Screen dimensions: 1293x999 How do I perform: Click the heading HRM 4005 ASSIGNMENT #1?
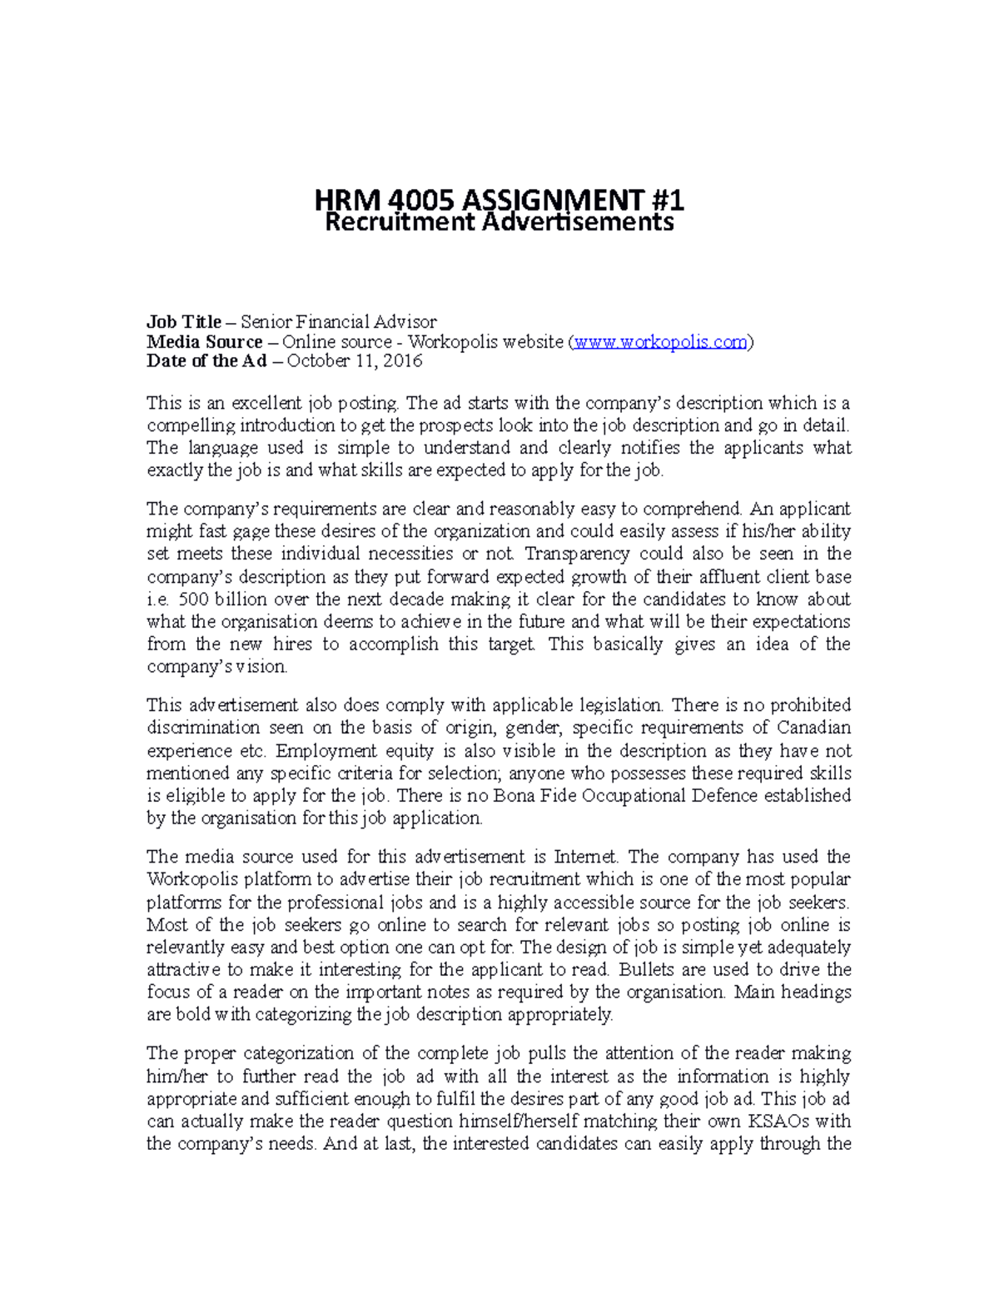[x=499, y=200]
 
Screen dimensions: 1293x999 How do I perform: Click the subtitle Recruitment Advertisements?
[x=499, y=222]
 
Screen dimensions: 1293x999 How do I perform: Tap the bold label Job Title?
[x=184, y=322]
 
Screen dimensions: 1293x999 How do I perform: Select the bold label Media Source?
[x=204, y=342]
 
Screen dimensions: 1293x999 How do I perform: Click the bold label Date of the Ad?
[x=206, y=361]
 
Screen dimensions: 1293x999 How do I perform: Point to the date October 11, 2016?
[x=355, y=361]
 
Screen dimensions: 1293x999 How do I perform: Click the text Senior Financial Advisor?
[x=339, y=322]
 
